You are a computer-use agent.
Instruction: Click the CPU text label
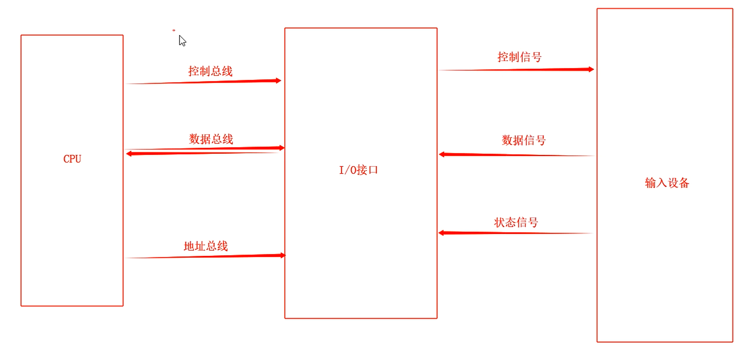pyautogui.click(x=72, y=159)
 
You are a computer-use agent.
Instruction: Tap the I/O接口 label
pyautogui.click(x=358, y=170)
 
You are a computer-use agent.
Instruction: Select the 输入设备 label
pyautogui.click(x=667, y=183)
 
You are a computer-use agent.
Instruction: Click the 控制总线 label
pyautogui.click(x=210, y=71)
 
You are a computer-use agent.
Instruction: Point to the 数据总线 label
pyautogui.click(x=211, y=139)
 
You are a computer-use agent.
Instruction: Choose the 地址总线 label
pyautogui.click(x=206, y=246)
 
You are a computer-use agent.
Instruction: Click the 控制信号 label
pyautogui.click(x=519, y=57)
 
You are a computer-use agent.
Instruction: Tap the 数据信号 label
pyautogui.click(x=524, y=140)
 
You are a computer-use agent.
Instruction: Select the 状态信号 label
pyautogui.click(x=516, y=222)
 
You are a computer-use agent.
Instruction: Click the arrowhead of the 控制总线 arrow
pyautogui.click(x=278, y=81)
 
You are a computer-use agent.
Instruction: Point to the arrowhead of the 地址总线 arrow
pyautogui.click(x=283, y=255)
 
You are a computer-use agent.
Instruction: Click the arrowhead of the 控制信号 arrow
pyautogui.click(x=591, y=69)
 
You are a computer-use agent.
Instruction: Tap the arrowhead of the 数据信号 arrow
pyautogui.click(x=442, y=155)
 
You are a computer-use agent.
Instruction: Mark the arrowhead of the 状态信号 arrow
pyautogui.click(x=441, y=233)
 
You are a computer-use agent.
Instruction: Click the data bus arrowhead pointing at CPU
pyautogui.click(x=129, y=154)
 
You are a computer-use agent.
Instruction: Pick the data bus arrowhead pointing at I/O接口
pyautogui.click(x=282, y=148)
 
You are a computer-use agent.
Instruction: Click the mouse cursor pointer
pyautogui.click(x=182, y=41)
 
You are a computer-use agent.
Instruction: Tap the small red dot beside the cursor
pyautogui.click(x=174, y=31)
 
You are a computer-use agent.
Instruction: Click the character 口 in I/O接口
pyautogui.click(x=373, y=170)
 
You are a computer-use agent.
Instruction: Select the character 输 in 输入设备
pyautogui.click(x=650, y=183)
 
